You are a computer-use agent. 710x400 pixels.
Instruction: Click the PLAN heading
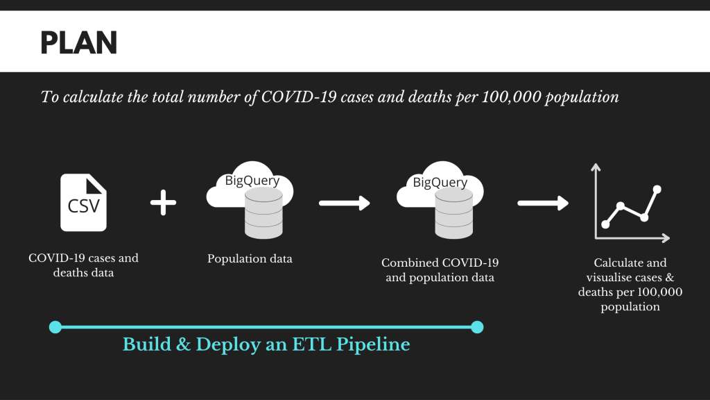(x=78, y=44)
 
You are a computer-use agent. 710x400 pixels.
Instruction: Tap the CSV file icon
(x=83, y=202)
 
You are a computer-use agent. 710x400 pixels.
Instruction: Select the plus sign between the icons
(x=163, y=203)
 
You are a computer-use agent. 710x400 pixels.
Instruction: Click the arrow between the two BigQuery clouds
(x=345, y=203)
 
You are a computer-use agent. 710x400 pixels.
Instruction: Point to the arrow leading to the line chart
(x=544, y=203)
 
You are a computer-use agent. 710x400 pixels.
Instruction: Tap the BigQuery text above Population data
(x=252, y=181)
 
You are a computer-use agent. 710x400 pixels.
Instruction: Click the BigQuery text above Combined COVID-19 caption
(x=440, y=183)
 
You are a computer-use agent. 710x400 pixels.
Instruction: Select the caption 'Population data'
(x=250, y=259)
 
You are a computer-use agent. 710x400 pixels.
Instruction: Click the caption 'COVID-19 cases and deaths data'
(x=83, y=265)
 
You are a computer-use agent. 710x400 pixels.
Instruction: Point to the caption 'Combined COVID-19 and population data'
(x=440, y=270)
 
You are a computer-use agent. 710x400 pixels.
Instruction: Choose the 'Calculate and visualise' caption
(x=630, y=284)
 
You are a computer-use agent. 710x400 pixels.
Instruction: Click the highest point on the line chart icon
(x=657, y=189)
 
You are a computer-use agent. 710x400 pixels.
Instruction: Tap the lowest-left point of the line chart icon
(x=605, y=224)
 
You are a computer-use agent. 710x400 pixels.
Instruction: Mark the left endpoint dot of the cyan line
(x=55, y=327)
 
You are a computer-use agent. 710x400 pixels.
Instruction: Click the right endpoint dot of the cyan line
(x=477, y=327)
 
